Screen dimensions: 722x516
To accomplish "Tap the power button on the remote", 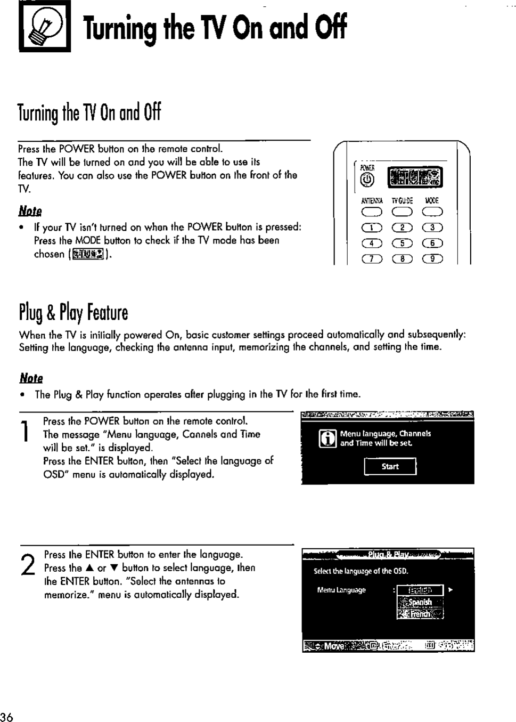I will coord(366,181).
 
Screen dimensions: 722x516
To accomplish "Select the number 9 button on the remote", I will coord(432,259).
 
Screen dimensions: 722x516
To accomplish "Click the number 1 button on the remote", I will coord(371,228).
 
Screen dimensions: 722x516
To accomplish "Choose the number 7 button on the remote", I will coord(371,259).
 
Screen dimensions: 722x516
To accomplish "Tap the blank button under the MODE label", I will coord(432,213).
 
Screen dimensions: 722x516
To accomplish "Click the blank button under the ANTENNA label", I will coord(371,213).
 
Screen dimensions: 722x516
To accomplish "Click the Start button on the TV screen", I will coord(390,467).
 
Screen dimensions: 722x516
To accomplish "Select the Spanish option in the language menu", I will coord(420,602).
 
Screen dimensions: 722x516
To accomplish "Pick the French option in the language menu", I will coord(420,614).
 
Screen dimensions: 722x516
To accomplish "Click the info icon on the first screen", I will coord(327,439).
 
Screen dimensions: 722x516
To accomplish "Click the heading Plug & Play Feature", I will coord(73,312).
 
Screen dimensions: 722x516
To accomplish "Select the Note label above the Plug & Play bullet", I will coord(31,378).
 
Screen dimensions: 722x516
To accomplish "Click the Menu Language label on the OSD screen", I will coord(341,590).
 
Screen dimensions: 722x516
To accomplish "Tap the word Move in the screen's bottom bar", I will coord(333,646).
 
